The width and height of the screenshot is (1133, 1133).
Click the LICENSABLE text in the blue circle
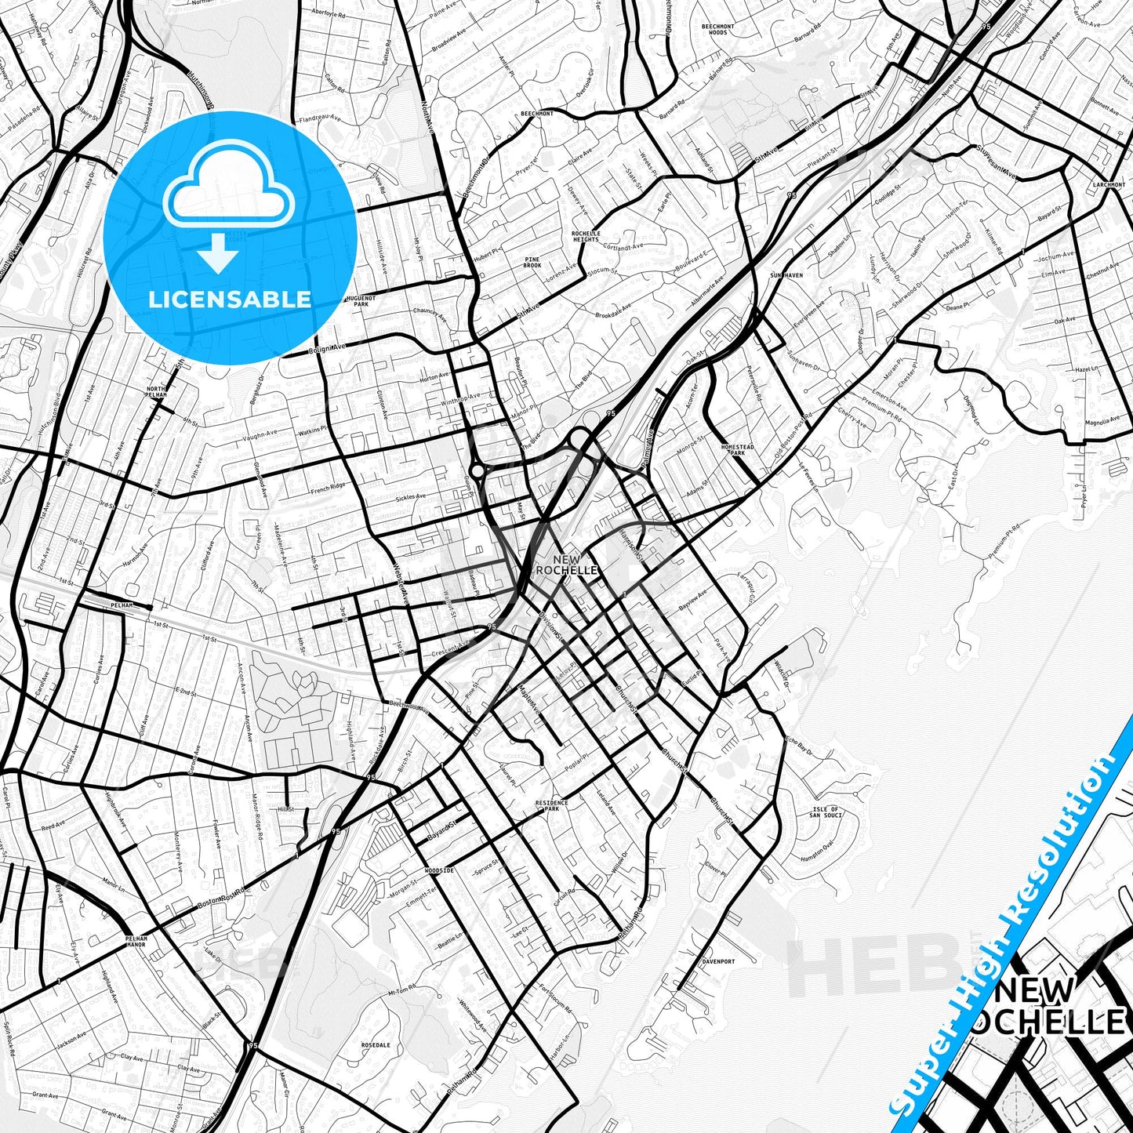coord(230,300)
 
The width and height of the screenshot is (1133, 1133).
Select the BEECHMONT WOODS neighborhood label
coord(717,30)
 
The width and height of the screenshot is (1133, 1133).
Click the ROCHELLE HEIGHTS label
coord(585,236)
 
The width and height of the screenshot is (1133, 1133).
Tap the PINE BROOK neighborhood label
coord(532,262)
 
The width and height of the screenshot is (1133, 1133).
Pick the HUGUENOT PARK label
coord(361,301)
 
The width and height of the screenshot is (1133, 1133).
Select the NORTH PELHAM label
coord(156,392)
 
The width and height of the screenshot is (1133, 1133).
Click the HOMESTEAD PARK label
coord(737,450)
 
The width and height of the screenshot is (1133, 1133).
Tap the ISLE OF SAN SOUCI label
coord(825,812)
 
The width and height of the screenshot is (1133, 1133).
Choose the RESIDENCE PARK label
coord(552,805)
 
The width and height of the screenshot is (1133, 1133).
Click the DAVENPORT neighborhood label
coord(718,961)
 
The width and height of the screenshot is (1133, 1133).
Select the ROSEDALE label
coord(376,1045)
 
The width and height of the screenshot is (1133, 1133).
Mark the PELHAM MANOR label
coord(136,941)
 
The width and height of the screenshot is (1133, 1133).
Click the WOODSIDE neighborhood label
coord(439,870)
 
